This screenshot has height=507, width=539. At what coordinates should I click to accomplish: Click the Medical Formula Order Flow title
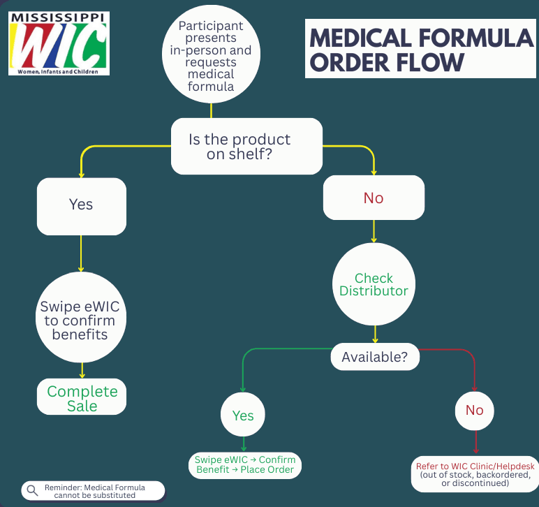pyautogui.click(x=421, y=49)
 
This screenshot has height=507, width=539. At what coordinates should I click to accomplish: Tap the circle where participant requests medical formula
pyautogui.click(x=211, y=56)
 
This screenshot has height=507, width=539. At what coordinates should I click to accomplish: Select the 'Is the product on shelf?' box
pyautogui.click(x=247, y=147)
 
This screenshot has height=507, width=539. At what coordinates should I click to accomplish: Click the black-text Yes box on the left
pyautogui.click(x=82, y=205)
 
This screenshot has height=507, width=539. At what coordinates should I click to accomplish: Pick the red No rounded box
pyautogui.click(x=374, y=198)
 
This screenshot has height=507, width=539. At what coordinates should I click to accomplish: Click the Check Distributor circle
pyautogui.click(x=374, y=284)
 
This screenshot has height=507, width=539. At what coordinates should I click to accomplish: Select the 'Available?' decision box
pyautogui.click(x=375, y=357)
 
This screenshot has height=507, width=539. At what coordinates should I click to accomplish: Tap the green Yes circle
pyautogui.click(x=243, y=416)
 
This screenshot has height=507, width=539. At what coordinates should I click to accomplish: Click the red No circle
pyautogui.click(x=475, y=410)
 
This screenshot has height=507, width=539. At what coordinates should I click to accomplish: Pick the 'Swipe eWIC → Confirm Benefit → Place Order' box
pyautogui.click(x=244, y=465)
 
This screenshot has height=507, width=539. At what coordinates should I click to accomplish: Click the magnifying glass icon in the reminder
pyautogui.click(x=32, y=490)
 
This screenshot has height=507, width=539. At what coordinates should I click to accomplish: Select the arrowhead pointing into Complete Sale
pyautogui.click(x=82, y=376)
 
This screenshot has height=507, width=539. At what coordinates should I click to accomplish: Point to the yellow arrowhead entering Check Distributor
pyautogui.click(x=374, y=240)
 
